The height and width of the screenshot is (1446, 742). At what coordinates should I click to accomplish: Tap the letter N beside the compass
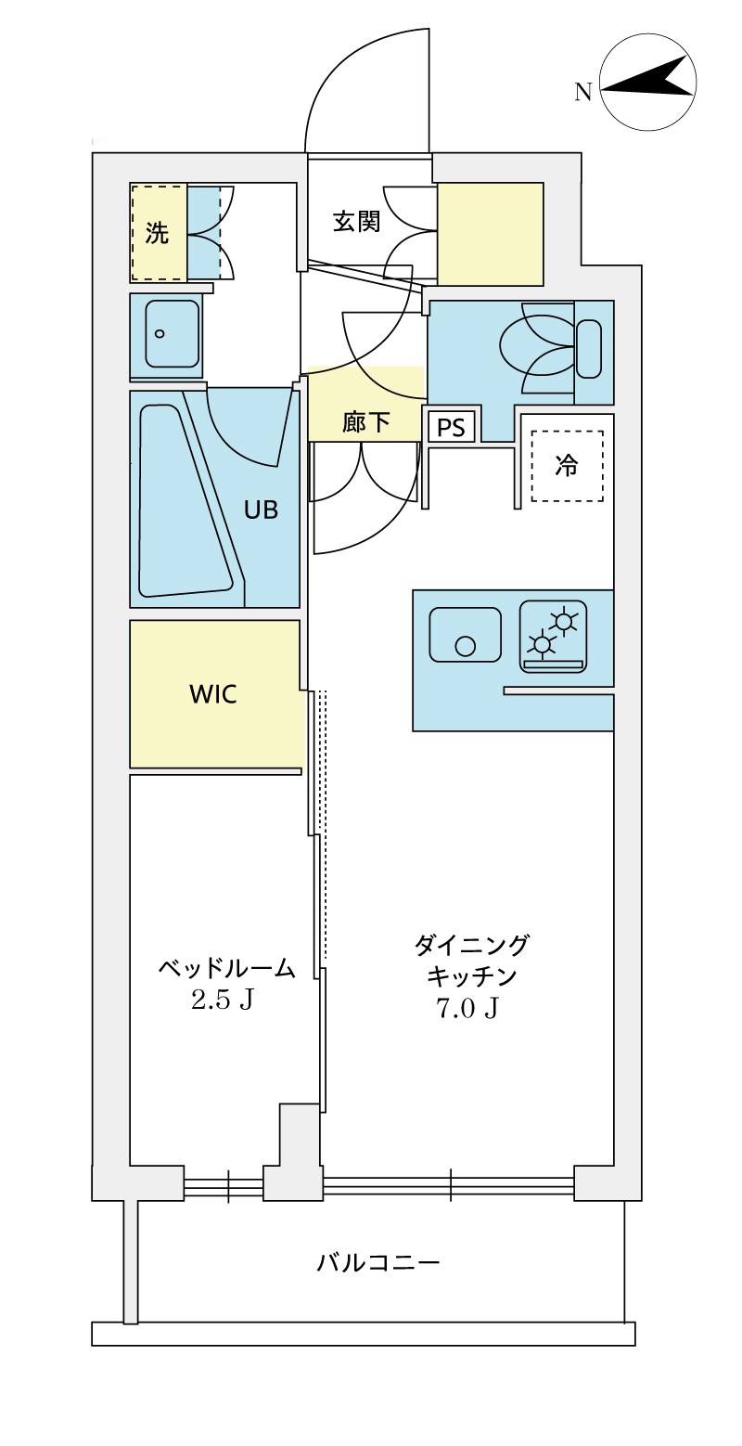click(582, 91)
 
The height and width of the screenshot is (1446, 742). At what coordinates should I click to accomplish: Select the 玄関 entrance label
click(357, 222)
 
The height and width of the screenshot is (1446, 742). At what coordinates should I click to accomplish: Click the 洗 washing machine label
click(158, 233)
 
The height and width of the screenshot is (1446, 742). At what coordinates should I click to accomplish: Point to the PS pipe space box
click(452, 428)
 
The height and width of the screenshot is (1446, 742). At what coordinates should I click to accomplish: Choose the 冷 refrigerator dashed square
click(566, 466)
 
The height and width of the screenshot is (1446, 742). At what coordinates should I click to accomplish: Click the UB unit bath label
click(261, 510)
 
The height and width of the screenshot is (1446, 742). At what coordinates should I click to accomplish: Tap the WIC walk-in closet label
click(212, 693)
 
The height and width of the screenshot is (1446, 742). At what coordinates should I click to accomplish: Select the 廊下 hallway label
click(365, 423)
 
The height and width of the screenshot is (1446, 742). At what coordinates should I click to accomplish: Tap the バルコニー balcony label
click(377, 1263)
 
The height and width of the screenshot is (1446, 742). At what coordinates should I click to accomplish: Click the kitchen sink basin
click(465, 635)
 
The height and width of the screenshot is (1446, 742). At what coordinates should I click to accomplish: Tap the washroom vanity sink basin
click(173, 334)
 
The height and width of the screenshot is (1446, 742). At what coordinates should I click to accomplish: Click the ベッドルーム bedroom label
click(226, 969)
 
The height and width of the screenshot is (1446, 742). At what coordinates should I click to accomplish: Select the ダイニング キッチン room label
click(471, 960)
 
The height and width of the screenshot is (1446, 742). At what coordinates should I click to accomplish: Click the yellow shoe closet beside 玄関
click(490, 234)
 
